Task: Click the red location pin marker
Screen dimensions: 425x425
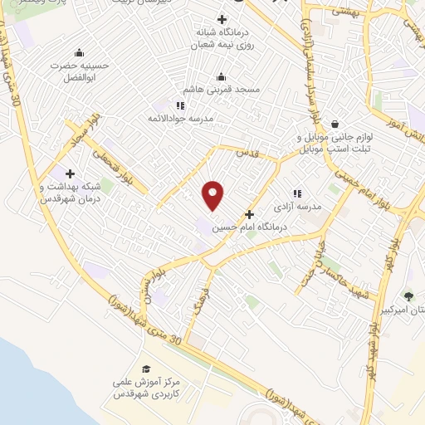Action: coord(214,194)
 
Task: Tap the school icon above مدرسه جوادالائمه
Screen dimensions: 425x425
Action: coord(181,106)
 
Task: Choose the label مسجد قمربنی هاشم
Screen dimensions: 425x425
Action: coord(222,87)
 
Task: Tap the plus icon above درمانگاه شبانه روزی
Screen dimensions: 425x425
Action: coord(222,19)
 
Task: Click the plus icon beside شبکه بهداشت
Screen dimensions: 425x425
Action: coord(70,174)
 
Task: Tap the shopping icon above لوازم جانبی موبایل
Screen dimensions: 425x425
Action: coord(335,124)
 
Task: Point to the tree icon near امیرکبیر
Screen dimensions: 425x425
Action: coord(408,296)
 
